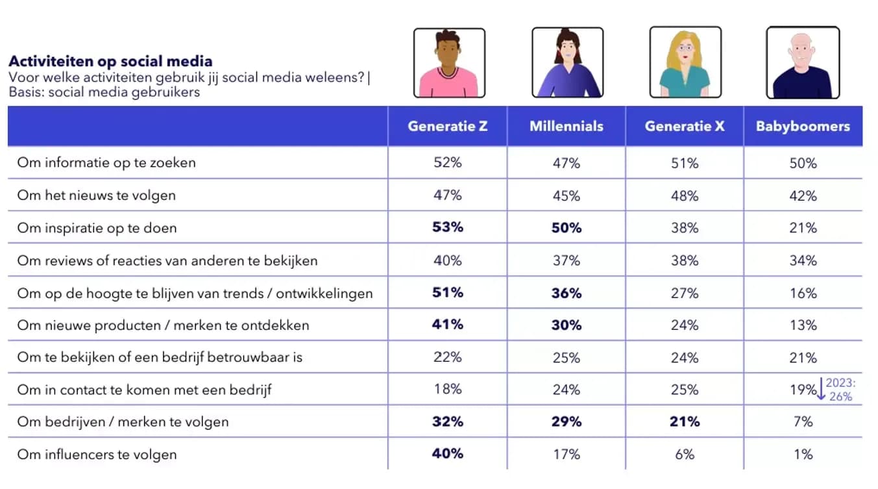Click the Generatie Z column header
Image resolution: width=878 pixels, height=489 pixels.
[x=447, y=127]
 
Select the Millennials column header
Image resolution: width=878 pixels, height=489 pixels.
[x=566, y=127]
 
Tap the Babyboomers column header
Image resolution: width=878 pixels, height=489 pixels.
[x=803, y=127]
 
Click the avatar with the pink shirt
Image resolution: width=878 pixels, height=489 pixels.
[x=449, y=63]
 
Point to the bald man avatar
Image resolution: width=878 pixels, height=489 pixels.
[x=803, y=63]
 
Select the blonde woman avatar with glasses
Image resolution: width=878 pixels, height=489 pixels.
[x=685, y=63]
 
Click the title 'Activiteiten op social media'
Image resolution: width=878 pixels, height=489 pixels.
[x=110, y=62]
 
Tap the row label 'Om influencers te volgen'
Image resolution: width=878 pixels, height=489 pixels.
[x=97, y=455]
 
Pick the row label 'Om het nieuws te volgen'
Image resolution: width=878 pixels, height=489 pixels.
[x=96, y=195]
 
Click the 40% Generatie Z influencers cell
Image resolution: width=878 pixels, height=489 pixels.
[x=448, y=454]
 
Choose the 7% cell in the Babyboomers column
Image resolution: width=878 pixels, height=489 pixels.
[x=803, y=422]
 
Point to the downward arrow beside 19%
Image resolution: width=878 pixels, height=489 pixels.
[x=821, y=389]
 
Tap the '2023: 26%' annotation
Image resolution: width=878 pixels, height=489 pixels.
[x=841, y=390]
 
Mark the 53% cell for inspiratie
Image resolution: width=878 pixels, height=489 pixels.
[x=448, y=228]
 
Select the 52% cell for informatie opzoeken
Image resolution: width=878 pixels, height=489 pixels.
[x=448, y=163]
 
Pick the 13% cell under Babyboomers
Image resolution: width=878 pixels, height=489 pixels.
[x=803, y=325]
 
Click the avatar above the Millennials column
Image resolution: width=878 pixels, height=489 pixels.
[x=567, y=63]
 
